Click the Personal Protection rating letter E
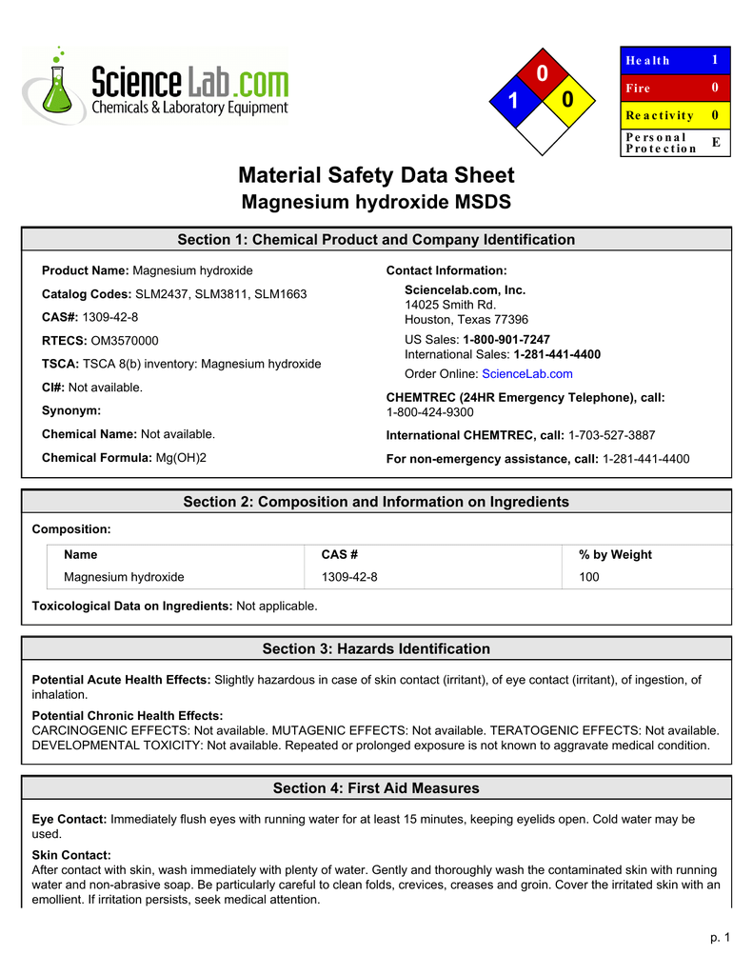coord(716,142)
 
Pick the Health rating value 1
coord(715,60)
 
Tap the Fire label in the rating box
coord(638,88)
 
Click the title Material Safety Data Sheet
coord(376,175)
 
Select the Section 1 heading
coord(376,240)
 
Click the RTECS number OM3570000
coord(125,341)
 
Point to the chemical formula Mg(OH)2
coord(181,458)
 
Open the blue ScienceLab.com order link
coord(527,374)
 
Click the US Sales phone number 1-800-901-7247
coord(505,340)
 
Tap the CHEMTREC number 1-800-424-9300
coord(429,412)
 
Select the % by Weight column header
coord(615,554)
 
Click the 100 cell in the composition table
coord(589,577)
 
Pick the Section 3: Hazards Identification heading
coord(376,649)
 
